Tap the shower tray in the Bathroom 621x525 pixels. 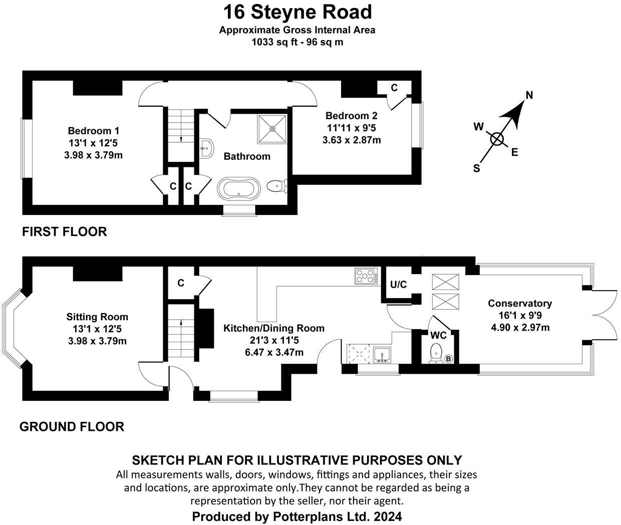(272, 129)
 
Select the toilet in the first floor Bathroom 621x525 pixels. (277, 186)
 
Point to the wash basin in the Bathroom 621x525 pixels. (206, 148)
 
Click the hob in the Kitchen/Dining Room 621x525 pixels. (366, 276)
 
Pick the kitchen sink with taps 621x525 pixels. (382, 355)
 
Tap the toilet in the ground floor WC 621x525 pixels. (436, 353)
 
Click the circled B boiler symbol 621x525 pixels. (449, 359)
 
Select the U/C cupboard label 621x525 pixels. (398, 284)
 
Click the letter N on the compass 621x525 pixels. (529, 95)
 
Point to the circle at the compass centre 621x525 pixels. (497, 139)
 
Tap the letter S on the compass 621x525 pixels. (476, 168)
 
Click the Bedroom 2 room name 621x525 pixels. (351, 116)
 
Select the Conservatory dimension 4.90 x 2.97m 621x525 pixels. (520, 327)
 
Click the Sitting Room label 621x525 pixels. (97, 317)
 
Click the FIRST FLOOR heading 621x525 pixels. (64, 232)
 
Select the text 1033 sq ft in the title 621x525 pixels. (274, 42)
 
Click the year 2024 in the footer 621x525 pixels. (388, 516)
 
